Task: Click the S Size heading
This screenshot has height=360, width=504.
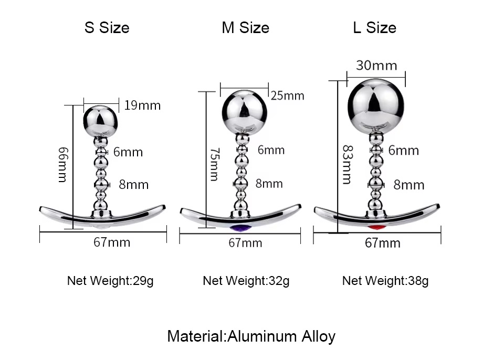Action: (x=107, y=28)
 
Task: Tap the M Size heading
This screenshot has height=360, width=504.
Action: (x=245, y=28)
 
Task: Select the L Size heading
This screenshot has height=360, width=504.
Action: (x=374, y=28)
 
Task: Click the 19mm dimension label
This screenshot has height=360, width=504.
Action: (x=142, y=105)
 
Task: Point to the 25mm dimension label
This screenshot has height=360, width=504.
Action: (x=287, y=96)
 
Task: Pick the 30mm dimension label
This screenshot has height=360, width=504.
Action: (x=376, y=66)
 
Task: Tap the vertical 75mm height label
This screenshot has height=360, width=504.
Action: (x=214, y=164)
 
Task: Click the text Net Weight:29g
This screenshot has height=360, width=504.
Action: (x=110, y=281)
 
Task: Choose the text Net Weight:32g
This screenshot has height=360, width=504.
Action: (x=246, y=281)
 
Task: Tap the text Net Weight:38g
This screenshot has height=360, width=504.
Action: (x=385, y=281)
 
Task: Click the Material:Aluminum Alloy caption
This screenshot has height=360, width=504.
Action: (x=251, y=336)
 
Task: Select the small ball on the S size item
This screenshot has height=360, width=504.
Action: (x=102, y=119)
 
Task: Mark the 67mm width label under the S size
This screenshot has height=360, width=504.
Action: (x=112, y=242)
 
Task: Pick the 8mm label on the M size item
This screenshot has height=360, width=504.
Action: (x=269, y=184)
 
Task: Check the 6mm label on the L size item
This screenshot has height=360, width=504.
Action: (x=404, y=151)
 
